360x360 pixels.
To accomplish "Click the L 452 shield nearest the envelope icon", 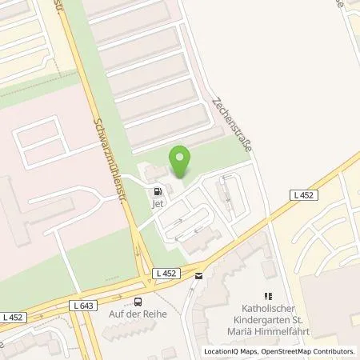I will coord(165,273).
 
